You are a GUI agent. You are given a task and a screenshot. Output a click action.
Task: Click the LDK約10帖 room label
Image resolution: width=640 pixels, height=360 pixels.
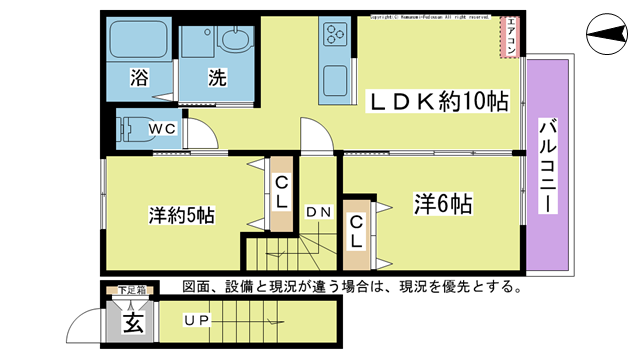click(x=440, y=102)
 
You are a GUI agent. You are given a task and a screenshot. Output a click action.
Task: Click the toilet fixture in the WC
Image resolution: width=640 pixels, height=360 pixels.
click(x=131, y=130)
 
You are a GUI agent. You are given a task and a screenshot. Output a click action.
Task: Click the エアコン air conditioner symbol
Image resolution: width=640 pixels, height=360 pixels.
click(x=510, y=36)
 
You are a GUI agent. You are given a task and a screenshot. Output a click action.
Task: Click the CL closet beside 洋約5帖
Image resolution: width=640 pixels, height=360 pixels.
click(x=282, y=192)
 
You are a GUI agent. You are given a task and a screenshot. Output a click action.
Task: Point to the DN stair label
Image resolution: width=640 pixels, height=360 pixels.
click(x=318, y=211)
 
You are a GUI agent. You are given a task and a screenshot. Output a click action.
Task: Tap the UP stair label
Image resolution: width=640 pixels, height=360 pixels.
click(x=197, y=321)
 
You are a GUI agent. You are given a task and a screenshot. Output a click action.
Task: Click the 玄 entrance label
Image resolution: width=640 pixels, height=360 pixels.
click(x=132, y=322)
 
